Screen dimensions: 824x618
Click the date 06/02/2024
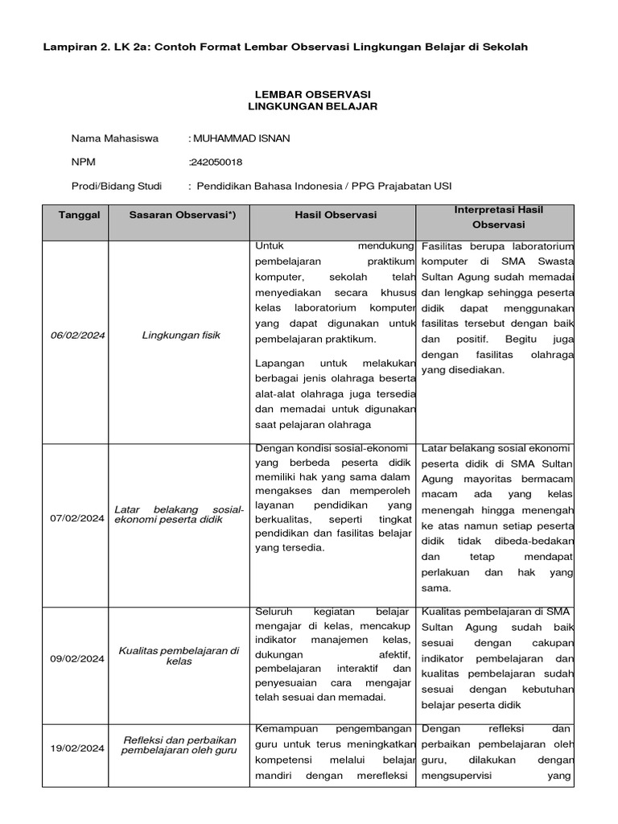[x=76, y=335]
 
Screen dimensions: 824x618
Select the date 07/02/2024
[x=76, y=519]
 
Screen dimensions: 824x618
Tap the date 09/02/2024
[x=76, y=658]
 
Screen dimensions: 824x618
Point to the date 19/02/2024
[x=76, y=748]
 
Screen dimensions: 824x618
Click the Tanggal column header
[x=80, y=215]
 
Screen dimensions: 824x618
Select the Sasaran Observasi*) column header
[x=178, y=215]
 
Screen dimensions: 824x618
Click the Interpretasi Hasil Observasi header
[x=497, y=217]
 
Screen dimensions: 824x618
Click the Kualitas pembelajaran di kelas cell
[x=179, y=656]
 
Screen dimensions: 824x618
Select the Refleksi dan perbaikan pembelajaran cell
[x=179, y=746]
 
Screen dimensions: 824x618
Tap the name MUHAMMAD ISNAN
[x=241, y=138]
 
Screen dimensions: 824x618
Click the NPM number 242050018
[x=216, y=163]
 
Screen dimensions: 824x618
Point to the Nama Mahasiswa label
[x=115, y=138]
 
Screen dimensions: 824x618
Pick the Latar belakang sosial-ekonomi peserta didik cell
[x=179, y=514]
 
